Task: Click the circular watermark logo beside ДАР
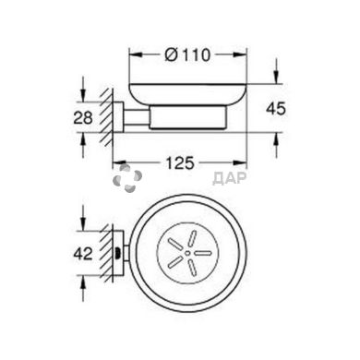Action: [x=126, y=181]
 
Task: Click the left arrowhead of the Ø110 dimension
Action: [x=131, y=54]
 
